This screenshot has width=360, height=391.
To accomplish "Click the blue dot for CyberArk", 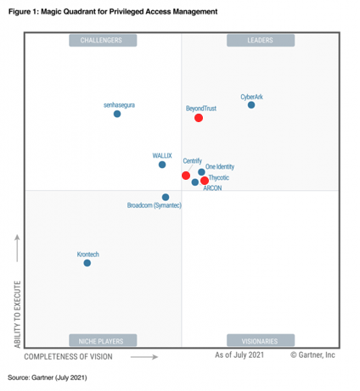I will pyautogui.click(x=250, y=104).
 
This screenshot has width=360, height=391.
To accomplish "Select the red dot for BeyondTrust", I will pyautogui.click(x=199, y=118).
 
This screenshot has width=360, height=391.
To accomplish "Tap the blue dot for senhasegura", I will pyautogui.click(x=117, y=114).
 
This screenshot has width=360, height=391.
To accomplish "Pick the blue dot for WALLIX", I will pyautogui.click(x=162, y=165).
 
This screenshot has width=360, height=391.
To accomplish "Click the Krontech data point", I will pyautogui.click(x=87, y=263).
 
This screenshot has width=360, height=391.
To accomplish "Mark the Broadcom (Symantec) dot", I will pyautogui.click(x=166, y=197).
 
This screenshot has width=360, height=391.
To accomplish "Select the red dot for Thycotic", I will pyautogui.click(x=205, y=181).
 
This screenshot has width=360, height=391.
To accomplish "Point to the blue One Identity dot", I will pyautogui.click(x=201, y=172).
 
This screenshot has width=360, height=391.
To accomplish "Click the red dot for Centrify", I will pyautogui.click(x=186, y=176).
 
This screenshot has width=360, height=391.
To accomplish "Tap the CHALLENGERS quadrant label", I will pyautogui.click(x=101, y=40).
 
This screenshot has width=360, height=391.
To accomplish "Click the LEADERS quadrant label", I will pyautogui.click(x=260, y=40).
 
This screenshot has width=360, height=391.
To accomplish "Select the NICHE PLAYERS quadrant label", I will pyautogui.click(x=101, y=341).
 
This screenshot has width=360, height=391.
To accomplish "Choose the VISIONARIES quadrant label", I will pyautogui.click(x=260, y=341).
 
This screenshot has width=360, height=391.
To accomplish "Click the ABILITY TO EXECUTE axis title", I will pyautogui.click(x=17, y=314).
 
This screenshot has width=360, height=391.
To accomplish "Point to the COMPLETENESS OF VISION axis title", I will pyautogui.click(x=75, y=357).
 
